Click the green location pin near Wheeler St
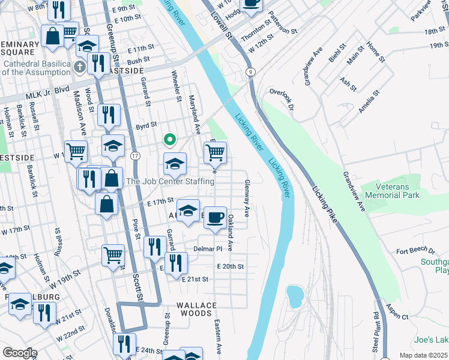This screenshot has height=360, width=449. (x=170, y=140)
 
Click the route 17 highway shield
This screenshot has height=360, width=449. (x=136, y=155)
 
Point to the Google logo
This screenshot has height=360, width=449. (x=20, y=352)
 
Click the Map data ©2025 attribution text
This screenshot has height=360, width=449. (x=424, y=355)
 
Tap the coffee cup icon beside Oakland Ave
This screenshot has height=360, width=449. (x=215, y=218)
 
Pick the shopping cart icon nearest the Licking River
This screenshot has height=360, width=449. (x=215, y=153)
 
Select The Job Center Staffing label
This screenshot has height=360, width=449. (x=169, y=181)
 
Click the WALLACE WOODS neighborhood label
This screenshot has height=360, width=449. (x=196, y=305)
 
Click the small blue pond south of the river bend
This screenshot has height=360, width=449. (x=295, y=295)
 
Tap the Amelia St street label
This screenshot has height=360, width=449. (x=367, y=102)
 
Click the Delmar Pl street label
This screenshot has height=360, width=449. (x=208, y=248)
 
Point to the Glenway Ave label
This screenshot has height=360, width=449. (x=246, y=199)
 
